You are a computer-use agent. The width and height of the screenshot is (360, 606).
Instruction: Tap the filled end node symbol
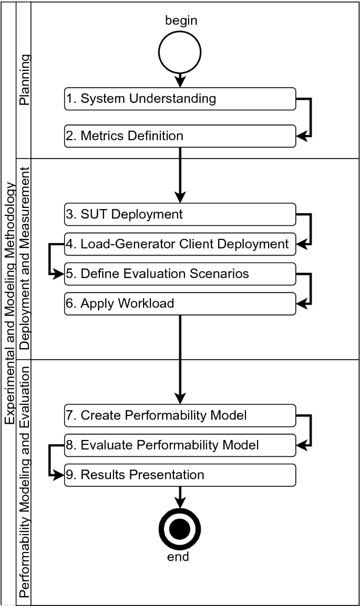click(180, 528)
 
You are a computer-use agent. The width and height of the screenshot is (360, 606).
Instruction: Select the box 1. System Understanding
click(180, 99)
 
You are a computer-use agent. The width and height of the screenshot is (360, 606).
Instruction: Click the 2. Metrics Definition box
click(180, 136)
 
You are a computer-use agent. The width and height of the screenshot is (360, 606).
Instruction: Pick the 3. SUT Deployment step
click(180, 214)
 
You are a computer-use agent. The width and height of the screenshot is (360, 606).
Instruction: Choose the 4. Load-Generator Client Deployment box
click(180, 244)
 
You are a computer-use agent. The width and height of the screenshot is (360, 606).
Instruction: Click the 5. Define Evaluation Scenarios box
click(180, 274)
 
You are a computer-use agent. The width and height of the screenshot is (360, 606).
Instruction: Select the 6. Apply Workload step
click(180, 304)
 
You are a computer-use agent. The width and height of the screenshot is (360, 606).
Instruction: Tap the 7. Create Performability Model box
click(180, 415)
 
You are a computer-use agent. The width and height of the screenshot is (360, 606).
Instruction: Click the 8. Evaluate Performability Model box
click(180, 445)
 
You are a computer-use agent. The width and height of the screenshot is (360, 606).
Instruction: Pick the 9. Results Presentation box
click(180, 475)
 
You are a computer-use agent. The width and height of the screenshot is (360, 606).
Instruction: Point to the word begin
click(181, 20)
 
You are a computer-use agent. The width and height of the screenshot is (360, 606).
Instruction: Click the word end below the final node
click(178, 557)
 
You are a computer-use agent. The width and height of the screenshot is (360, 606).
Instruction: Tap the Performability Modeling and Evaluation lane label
click(24, 482)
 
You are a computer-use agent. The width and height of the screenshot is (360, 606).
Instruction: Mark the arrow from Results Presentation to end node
click(180, 496)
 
